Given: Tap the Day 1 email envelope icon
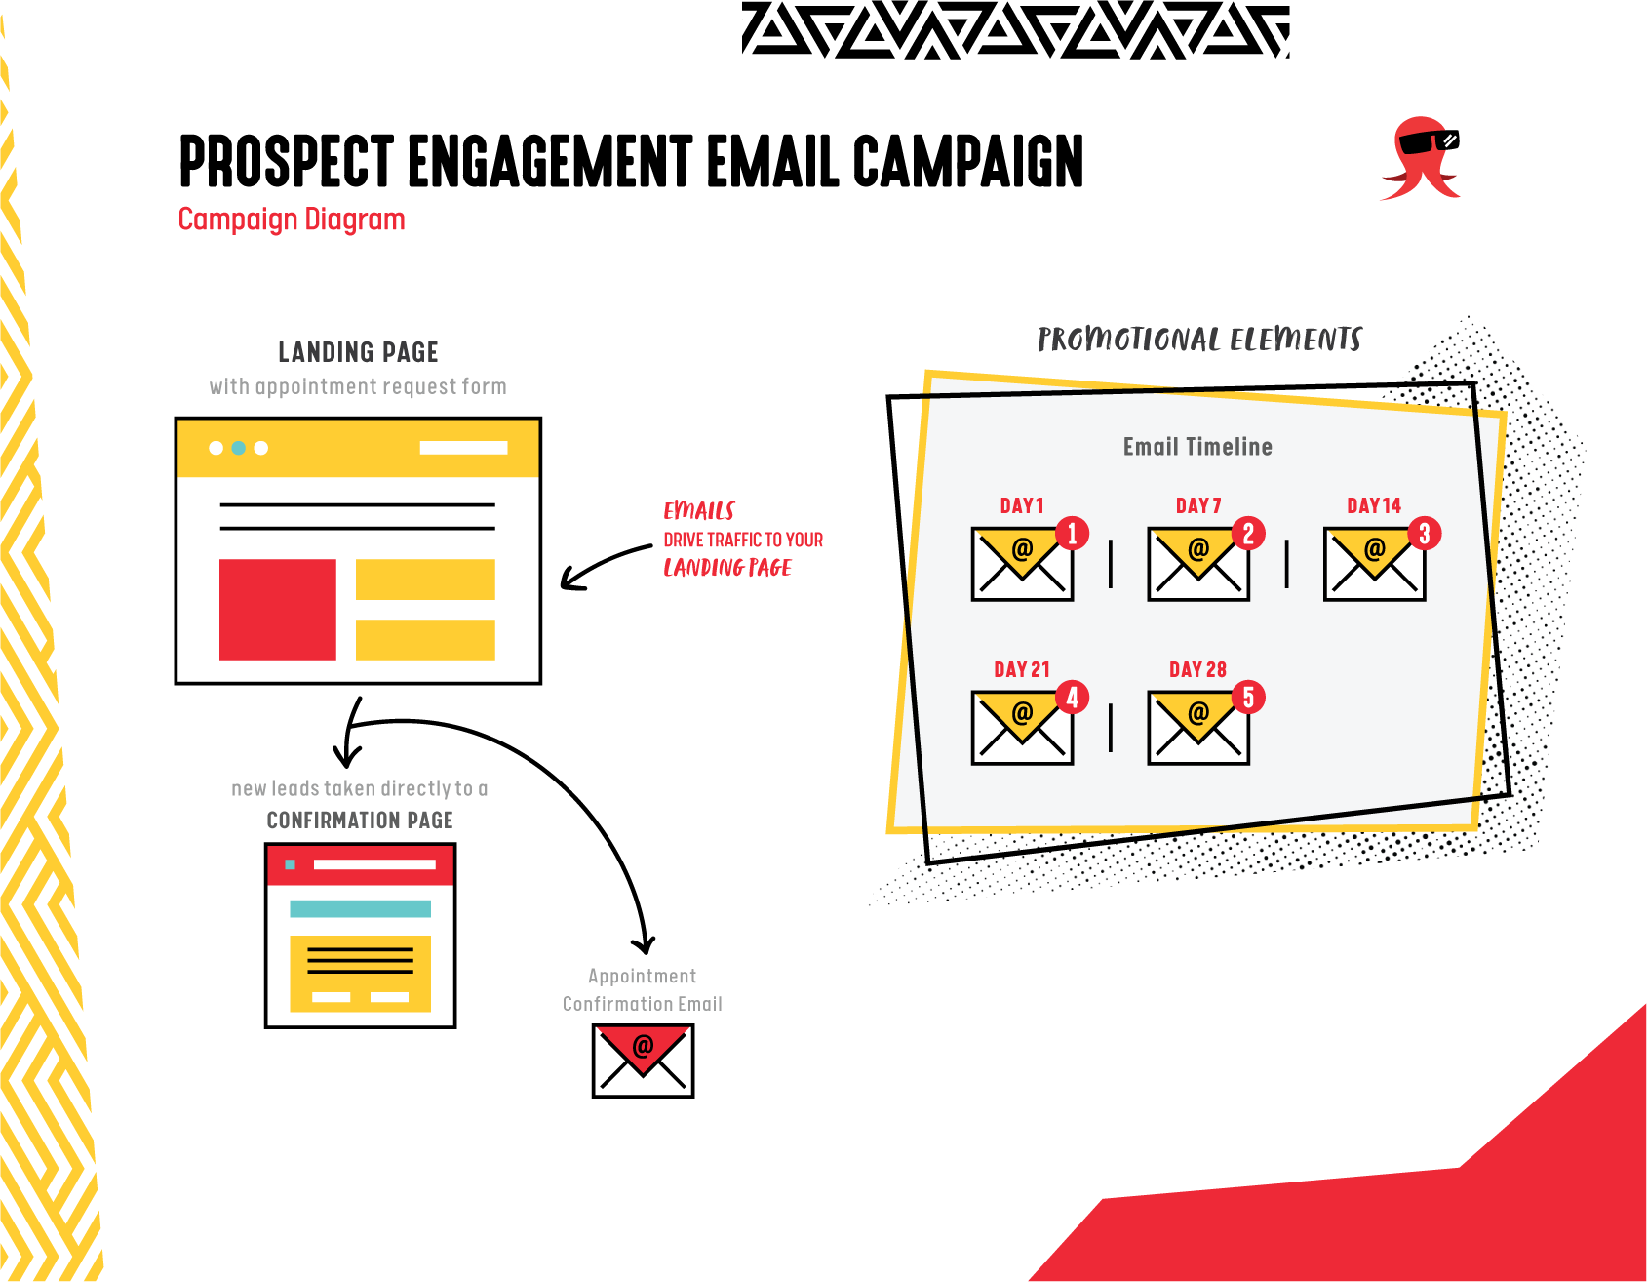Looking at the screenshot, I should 1021,565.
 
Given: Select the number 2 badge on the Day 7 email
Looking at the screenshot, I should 1248,534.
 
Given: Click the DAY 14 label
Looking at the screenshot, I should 1373,505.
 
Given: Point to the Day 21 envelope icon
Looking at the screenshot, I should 1021,729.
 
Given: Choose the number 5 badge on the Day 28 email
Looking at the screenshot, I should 1248,698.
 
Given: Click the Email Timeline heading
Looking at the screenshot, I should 1197,447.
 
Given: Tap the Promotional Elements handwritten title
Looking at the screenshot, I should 1199,340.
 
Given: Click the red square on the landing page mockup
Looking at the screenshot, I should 277,610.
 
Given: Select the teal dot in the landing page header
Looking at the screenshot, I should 238,448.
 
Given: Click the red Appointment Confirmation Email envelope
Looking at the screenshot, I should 643,1062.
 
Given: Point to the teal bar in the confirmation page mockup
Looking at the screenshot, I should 360,908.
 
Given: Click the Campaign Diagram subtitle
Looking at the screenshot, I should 292,220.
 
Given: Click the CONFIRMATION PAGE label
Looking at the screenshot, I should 360,821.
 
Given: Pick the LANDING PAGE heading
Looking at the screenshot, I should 358,352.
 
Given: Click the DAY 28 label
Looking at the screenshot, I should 1197,669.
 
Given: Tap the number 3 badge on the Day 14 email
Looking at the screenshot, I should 1424,534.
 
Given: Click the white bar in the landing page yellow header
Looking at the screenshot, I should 463,448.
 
